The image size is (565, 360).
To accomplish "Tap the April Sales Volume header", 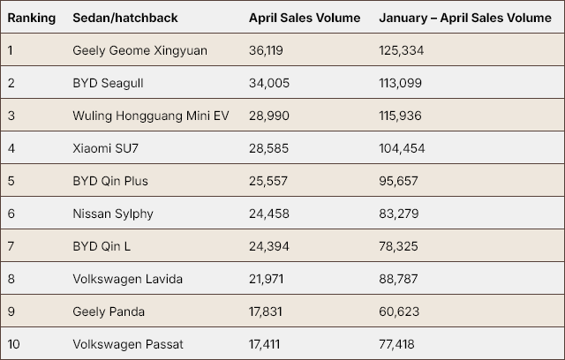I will tap(305, 18).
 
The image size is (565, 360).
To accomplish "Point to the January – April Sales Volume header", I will tap(464, 18).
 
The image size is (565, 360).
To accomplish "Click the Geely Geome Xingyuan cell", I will tap(139, 50).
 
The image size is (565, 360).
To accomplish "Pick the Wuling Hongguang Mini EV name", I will tap(150, 116).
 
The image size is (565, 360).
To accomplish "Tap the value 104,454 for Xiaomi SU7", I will tap(401, 148).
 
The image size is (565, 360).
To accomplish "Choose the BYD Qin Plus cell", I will tap(110, 181).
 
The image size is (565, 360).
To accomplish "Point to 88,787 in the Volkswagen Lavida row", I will tap(397, 279).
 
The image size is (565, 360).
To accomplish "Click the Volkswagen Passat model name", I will tap(128, 344).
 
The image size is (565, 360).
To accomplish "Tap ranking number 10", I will tap(12, 344).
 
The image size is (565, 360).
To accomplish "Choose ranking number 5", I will tap(11, 181).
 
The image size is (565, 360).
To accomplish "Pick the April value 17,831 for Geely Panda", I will tap(266, 311).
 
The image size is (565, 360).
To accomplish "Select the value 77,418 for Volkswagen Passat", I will tap(396, 344).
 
